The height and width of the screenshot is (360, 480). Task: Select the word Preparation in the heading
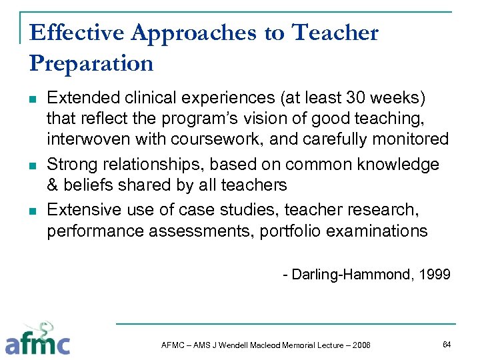91,63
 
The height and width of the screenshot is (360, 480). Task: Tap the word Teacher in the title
335,32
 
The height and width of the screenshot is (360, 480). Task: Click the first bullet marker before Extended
33,99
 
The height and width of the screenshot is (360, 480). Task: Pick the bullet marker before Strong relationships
33,165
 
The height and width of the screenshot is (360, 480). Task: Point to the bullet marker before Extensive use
33,211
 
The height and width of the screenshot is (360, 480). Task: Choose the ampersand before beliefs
52,185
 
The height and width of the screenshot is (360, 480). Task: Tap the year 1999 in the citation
434,274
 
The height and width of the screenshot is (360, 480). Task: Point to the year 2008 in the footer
359,344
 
